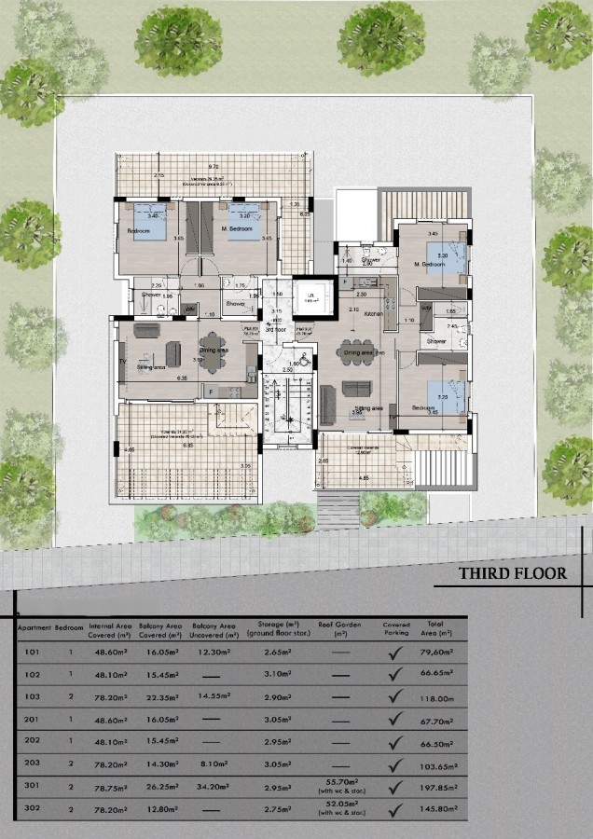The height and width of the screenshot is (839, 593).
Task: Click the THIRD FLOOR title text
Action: point(511,572)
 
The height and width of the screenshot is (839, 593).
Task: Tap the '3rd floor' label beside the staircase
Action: point(275,329)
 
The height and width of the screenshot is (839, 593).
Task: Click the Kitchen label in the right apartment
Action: point(373,315)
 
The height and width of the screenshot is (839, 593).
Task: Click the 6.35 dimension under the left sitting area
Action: point(183,378)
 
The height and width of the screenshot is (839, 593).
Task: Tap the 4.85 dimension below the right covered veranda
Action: point(363,477)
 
